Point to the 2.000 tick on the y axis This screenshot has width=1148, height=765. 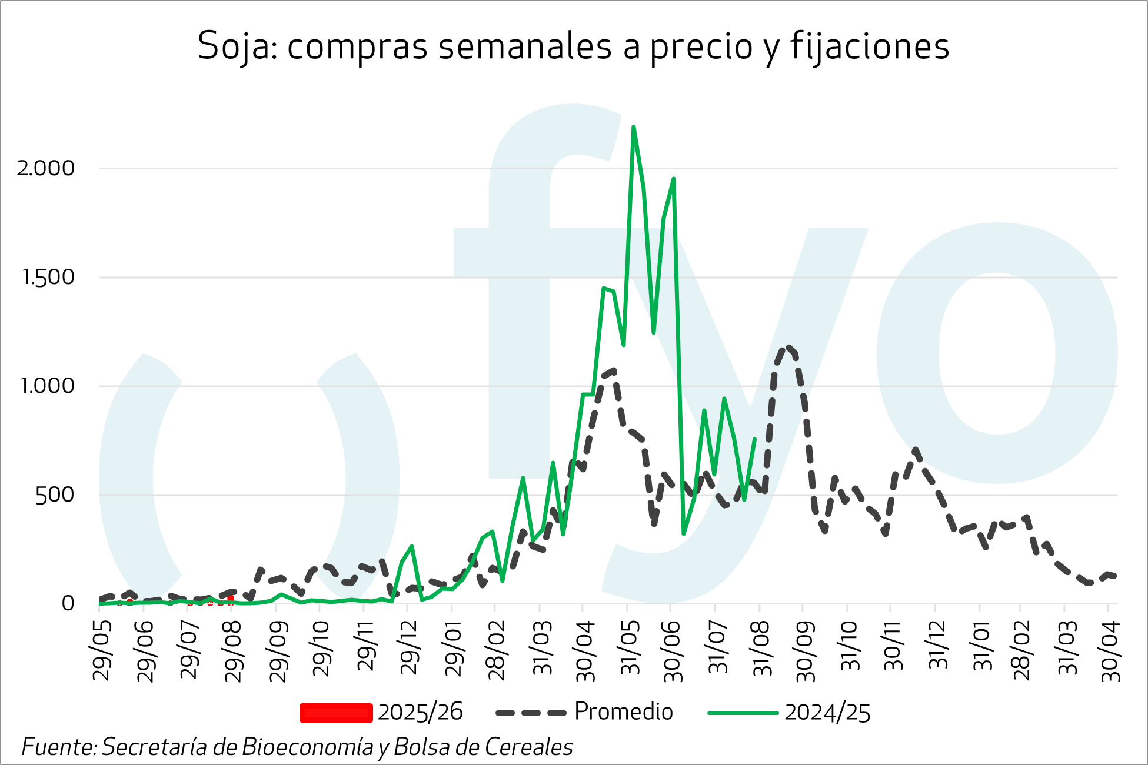(x=46, y=169)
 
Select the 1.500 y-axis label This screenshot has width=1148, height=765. (x=48, y=278)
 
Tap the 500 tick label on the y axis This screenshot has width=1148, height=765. (x=55, y=495)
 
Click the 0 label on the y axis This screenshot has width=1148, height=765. (x=68, y=603)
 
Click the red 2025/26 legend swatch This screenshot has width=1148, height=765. (x=336, y=713)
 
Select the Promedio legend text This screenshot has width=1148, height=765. (x=623, y=712)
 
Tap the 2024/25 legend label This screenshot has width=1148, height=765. (x=827, y=713)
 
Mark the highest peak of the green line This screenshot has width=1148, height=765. (x=633, y=126)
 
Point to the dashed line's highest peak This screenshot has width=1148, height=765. (x=788, y=347)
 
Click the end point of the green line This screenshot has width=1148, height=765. (x=754, y=439)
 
